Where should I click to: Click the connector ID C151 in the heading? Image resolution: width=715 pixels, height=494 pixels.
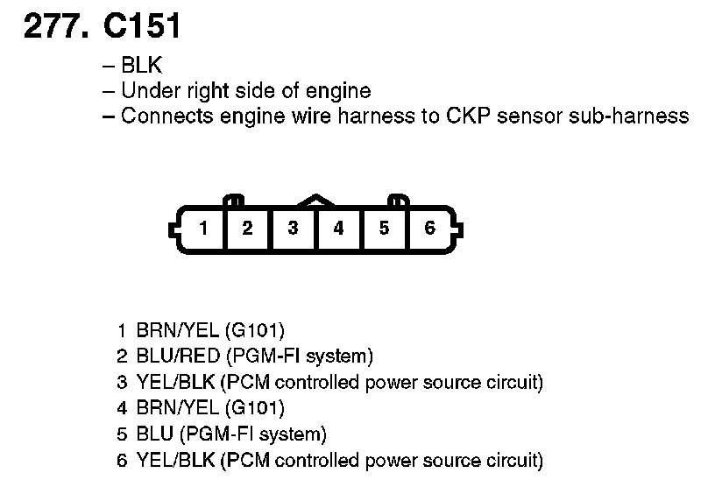point(142,28)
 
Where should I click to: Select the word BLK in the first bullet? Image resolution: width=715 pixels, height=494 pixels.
point(142,65)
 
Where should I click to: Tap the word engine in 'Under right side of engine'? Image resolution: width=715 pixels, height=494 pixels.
point(340,90)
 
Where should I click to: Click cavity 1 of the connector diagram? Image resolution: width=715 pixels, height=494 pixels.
point(202,229)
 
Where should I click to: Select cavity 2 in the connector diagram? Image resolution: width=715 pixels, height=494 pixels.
point(248,229)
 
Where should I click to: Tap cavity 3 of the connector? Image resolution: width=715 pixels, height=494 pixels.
point(294,229)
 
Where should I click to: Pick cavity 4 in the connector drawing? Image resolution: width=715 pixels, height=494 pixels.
point(338,229)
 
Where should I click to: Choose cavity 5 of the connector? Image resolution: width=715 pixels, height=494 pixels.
point(384,229)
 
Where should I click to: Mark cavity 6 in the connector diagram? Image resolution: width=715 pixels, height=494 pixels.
point(429,229)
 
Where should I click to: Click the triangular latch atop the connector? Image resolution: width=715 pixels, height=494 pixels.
point(316,201)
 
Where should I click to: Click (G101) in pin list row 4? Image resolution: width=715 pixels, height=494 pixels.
point(255,408)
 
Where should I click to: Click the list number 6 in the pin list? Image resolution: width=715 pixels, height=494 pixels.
point(123,460)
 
